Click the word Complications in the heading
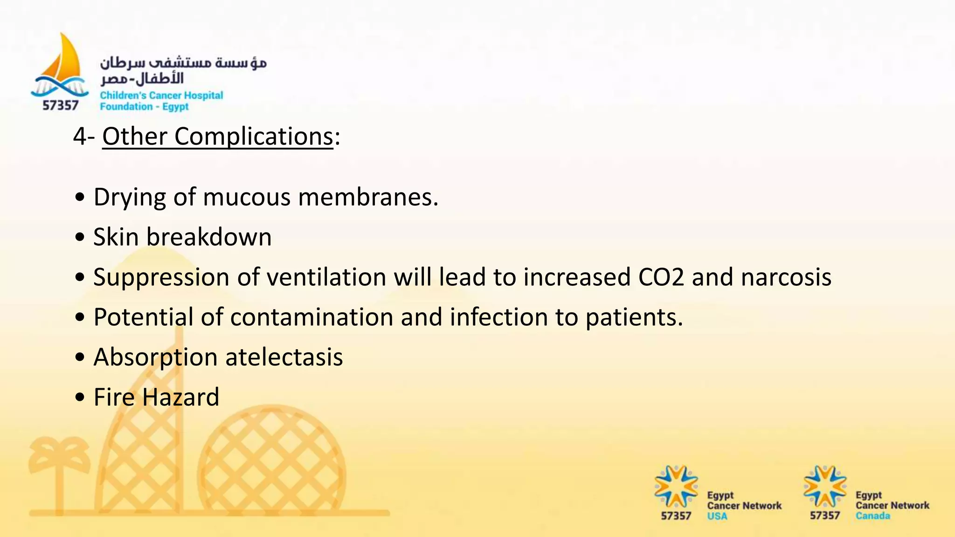[254, 137]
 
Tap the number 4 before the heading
[80, 137]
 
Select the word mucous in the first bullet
[247, 197]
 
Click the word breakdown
[209, 237]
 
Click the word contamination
[311, 317]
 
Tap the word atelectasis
[284, 358]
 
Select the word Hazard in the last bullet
[180, 398]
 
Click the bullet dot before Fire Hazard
[80, 398]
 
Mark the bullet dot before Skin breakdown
[80, 237]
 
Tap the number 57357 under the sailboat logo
[60, 106]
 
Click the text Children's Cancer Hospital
[161, 96]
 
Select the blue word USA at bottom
[717, 516]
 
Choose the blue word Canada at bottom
[872, 516]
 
